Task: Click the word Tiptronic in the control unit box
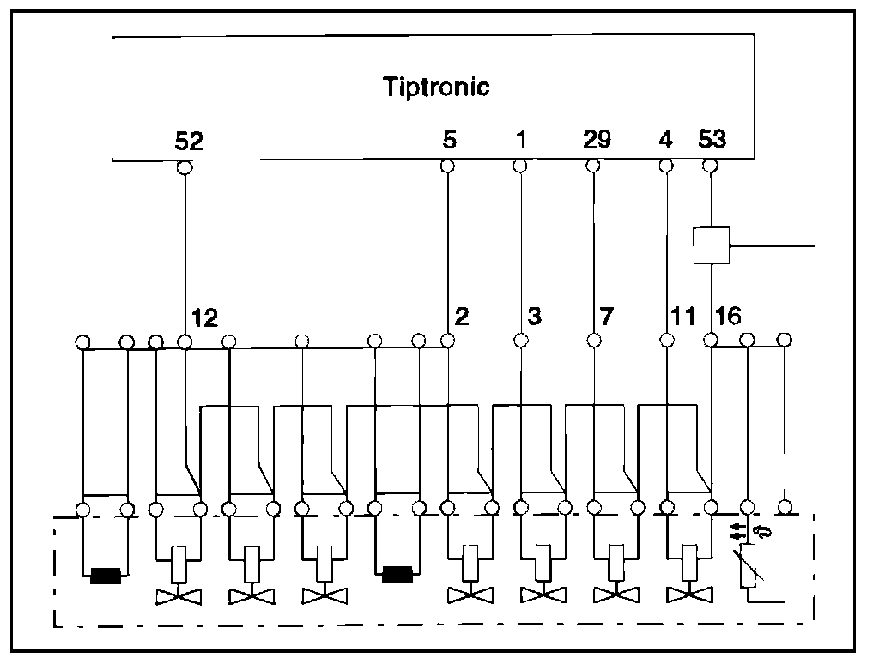point(436,87)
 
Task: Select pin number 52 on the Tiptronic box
point(189,141)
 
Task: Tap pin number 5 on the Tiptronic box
point(448,140)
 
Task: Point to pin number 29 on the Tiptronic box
point(597,140)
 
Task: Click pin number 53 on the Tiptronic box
point(712,140)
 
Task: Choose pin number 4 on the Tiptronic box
point(665,140)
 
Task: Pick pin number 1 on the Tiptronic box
point(519,140)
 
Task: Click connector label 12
point(205,317)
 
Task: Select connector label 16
point(727,317)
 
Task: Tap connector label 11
point(682,317)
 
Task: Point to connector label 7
point(607,317)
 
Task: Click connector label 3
point(534,317)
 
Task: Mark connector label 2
point(461,317)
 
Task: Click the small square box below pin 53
point(711,244)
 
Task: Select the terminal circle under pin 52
point(184,166)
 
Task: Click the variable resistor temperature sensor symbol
point(748,566)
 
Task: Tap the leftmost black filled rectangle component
point(105,575)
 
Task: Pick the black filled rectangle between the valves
point(397,573)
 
